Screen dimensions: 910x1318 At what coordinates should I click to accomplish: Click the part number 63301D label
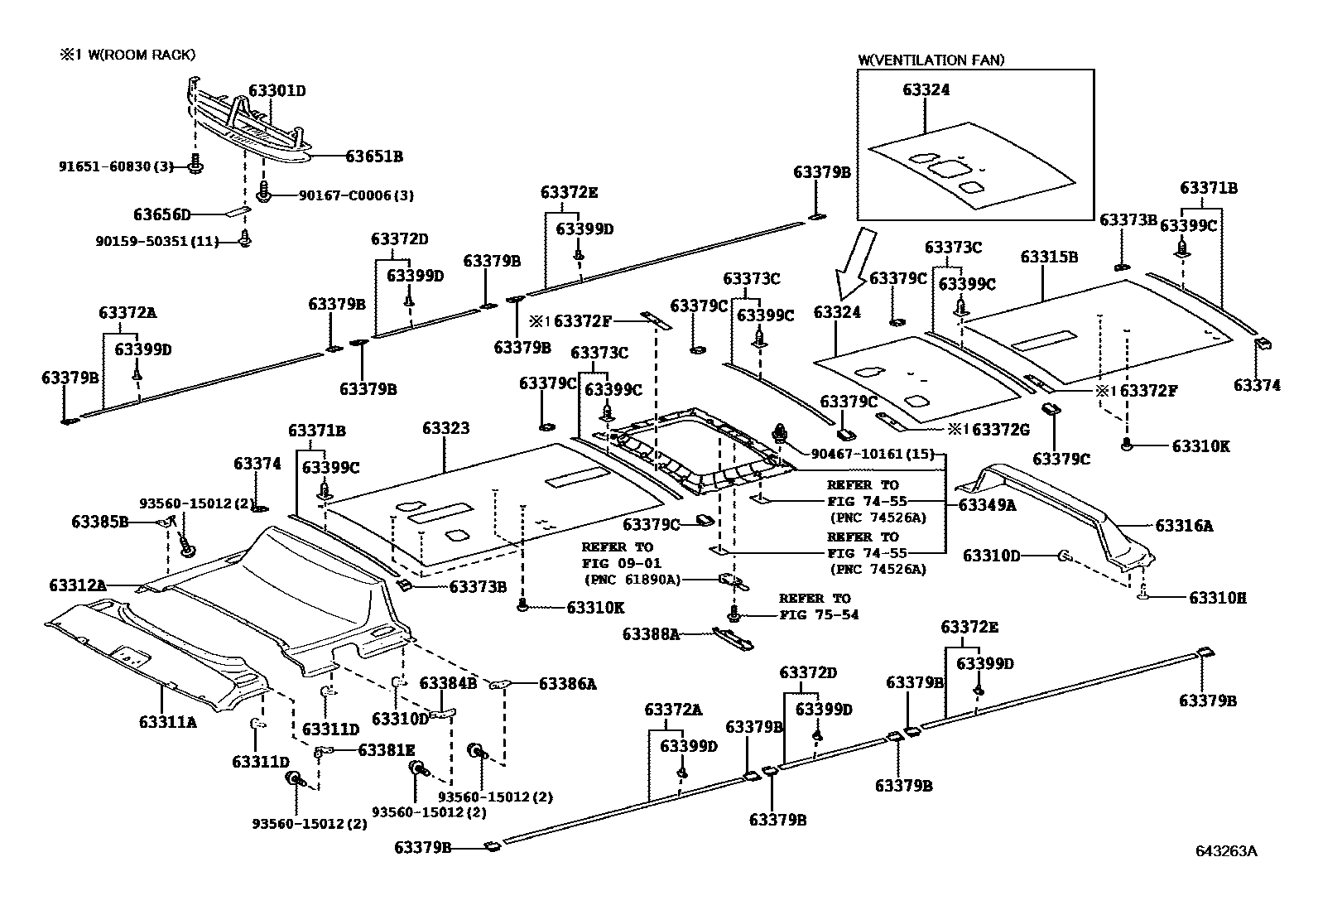coord(277,90)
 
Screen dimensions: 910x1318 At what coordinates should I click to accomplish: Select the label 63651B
coord(373,156)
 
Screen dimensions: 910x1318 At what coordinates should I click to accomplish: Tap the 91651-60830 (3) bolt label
coord(116,166)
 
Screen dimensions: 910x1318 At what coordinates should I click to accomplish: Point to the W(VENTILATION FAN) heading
coord(931,60)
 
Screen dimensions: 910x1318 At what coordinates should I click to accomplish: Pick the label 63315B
coord(1048,257)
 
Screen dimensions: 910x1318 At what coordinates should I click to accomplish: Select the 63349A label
coord(987,504)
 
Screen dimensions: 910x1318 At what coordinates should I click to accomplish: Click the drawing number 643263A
coord(1225,851)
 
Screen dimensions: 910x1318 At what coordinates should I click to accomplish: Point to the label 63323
coord(445,428)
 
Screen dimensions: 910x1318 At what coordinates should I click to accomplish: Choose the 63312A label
coord(77,585)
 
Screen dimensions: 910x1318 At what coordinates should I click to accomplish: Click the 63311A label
coord(168,721)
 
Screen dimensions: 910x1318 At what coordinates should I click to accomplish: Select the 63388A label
coord(651,634)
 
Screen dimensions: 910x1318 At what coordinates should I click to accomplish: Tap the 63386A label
coord(567,683)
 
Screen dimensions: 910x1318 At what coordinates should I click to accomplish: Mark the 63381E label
coord(386,749)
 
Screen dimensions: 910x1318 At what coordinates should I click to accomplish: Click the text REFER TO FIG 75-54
coord(818,606)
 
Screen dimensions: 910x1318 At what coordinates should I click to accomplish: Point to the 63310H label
coord(1218,597)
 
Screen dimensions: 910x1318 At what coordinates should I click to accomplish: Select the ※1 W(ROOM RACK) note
coord(127,55)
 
